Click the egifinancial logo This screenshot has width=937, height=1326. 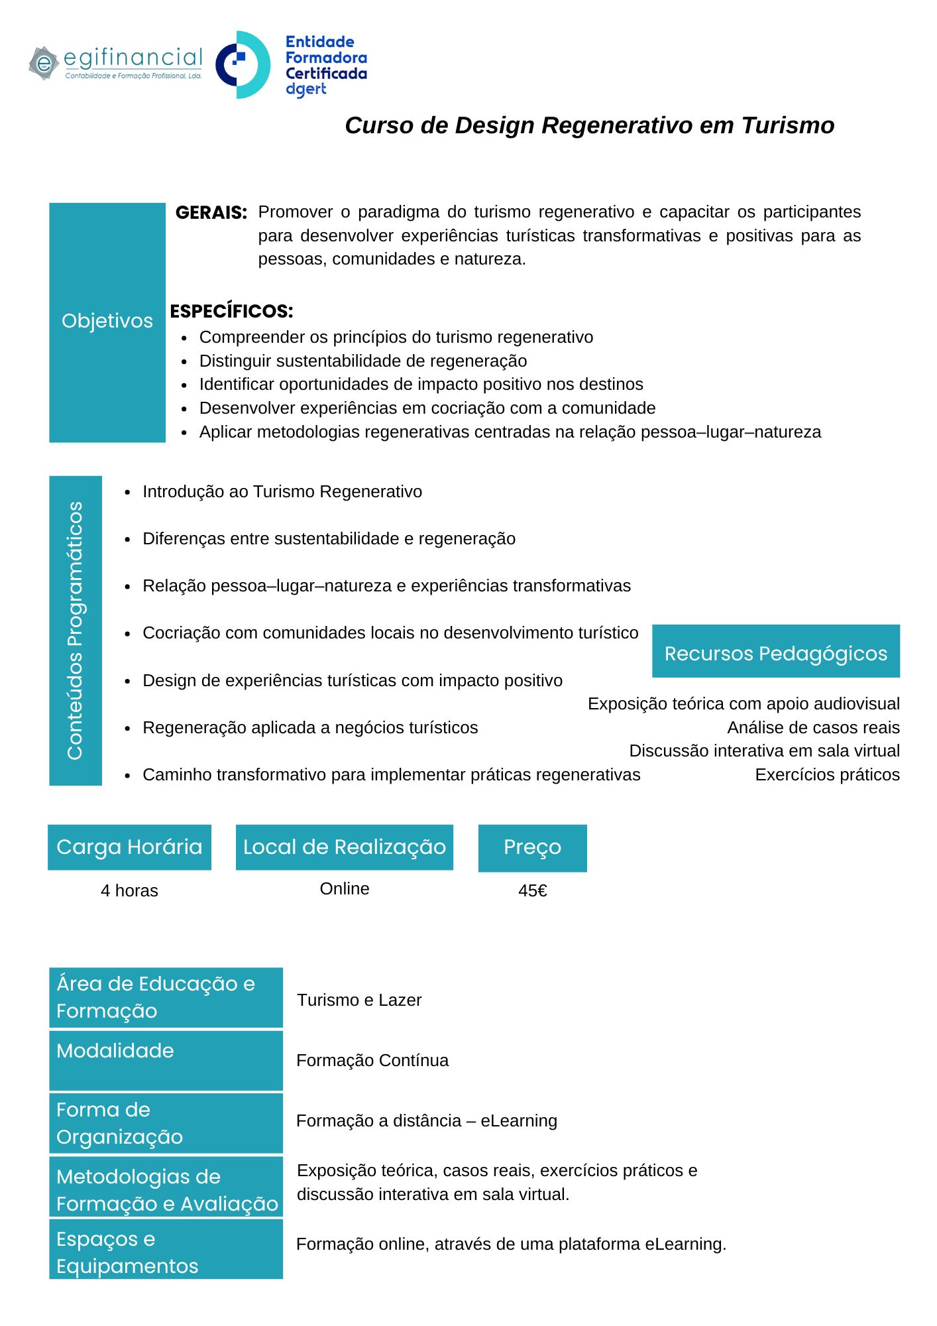tap(116, 64)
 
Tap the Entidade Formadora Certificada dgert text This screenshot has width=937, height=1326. tap(325, 66)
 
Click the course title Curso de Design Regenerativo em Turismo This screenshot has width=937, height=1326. tap(589, 125)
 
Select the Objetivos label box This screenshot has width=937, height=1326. tap(107, 322)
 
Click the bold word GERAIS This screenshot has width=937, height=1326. tap(211, 213)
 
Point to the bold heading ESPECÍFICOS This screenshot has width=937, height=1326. tap(231, 311)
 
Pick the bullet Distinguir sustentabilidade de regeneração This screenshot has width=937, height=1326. tap(362, 361)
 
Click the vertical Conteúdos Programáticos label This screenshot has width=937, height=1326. tap(76, 631)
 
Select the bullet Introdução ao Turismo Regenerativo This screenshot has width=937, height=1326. tap(282, 491)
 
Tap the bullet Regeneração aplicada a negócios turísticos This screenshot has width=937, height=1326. tap(309, 727)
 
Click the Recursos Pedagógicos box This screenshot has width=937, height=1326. tap(775, 653)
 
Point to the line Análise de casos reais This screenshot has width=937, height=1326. tap(813, 727)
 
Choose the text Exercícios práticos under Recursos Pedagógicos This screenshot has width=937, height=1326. tap(827, 774)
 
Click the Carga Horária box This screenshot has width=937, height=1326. tap(129, 847)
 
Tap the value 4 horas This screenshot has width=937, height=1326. tap(129, 890)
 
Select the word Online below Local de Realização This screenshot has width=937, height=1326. tap(345, 888)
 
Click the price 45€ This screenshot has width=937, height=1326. tap(532, 890)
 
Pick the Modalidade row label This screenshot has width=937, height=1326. tap(115, 1051)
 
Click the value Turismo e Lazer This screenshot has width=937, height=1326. tap(359, 1000)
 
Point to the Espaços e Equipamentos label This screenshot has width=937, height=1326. tap(127, 1252)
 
